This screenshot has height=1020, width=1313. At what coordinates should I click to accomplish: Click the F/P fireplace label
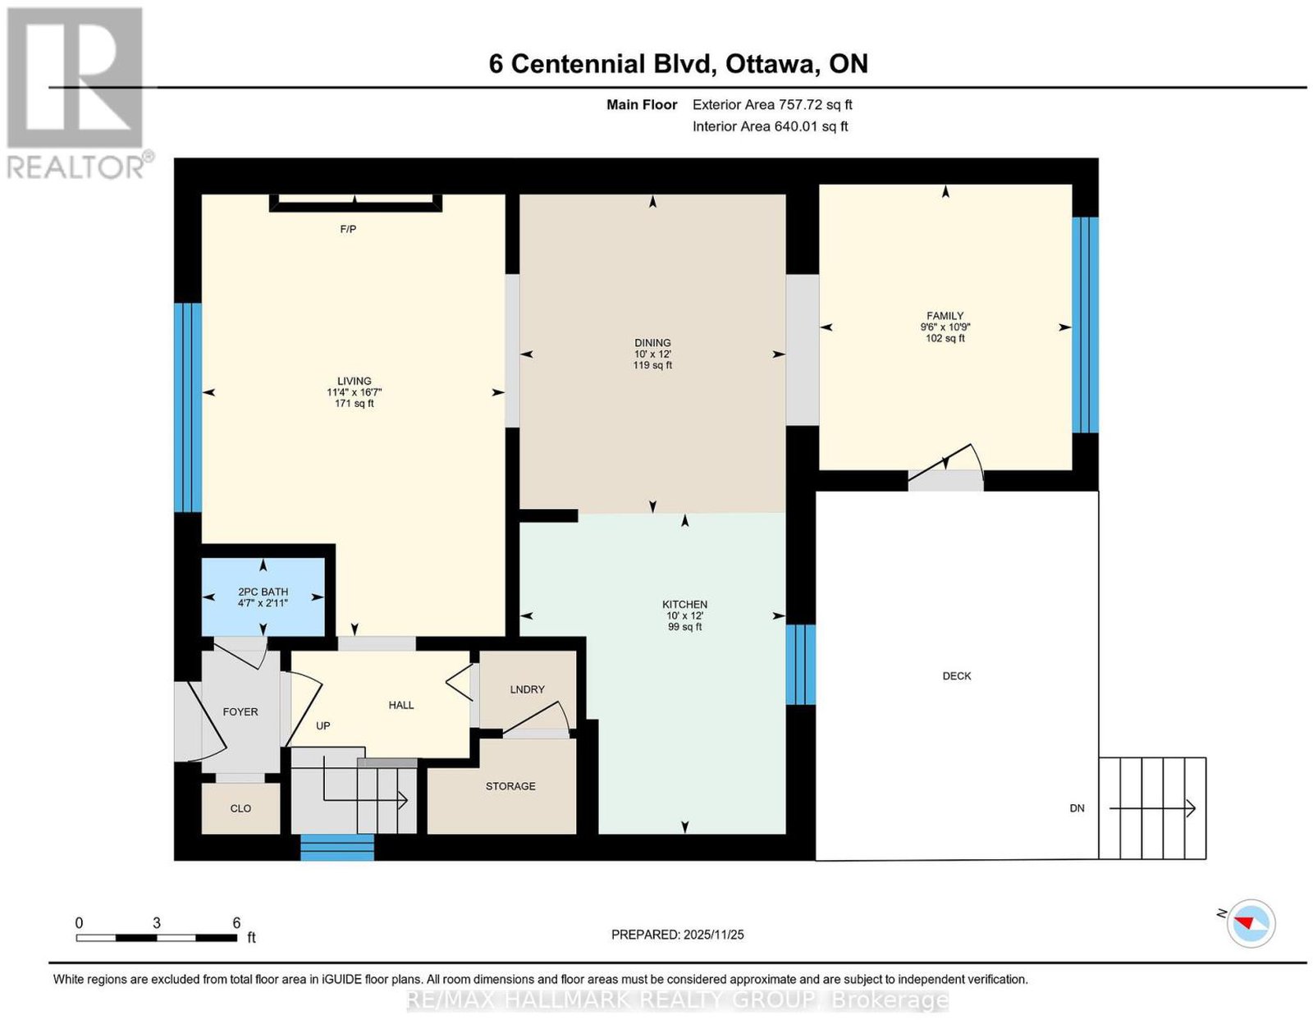pos(348,230)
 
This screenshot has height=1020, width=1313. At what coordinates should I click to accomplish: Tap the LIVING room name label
pos(354,381)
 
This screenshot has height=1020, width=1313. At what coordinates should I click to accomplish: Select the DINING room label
pos(652,343)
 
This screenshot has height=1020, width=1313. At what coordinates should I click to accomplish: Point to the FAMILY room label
pos(945,316)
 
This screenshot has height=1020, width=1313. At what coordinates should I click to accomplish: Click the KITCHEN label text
pos(684,605)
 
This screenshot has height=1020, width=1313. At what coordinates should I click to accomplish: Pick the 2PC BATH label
pos(263,592)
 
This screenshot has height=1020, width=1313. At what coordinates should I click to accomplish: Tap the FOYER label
pos(240,712)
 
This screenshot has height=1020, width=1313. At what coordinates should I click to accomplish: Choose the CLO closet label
pos(240,808)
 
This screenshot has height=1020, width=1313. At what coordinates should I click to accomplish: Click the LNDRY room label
pos(528,689)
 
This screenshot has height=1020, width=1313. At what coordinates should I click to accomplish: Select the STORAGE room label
pos(510,786)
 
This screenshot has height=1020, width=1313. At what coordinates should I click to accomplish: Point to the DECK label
pos(957,676)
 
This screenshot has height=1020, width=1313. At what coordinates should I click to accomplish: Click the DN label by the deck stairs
pos(1077,808)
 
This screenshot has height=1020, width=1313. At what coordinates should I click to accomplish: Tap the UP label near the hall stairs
pos(323,726)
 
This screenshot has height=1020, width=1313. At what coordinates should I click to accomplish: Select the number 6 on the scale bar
pos(236,923)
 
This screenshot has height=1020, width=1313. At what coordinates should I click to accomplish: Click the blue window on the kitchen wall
pos(801,665)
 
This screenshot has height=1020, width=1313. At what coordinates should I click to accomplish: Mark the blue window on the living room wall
pos(188,408)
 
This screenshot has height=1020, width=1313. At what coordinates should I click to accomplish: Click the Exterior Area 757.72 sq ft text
pos(772,104)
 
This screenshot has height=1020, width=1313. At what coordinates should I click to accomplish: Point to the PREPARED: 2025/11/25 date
pos(677,935)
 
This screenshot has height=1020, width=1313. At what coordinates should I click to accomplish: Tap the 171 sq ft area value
pos(354,404)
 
